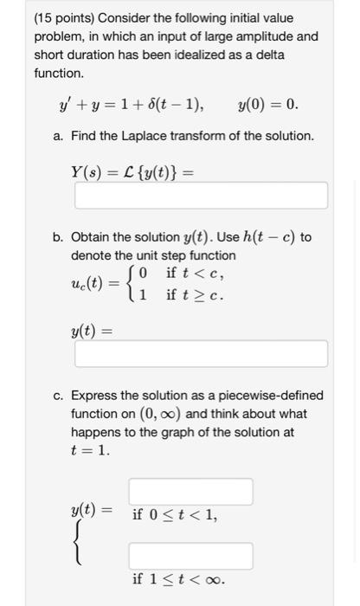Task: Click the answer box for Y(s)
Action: (201, 195)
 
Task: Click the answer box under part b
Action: (201, 353)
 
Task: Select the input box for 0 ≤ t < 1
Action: (191, 491)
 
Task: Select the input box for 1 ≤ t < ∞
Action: (191, 555)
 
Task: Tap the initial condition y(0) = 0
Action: (267, 106)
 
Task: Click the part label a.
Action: (58, 136)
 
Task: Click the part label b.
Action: (58, 237)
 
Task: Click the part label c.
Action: (58, 394)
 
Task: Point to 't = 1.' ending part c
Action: (90, 450)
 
